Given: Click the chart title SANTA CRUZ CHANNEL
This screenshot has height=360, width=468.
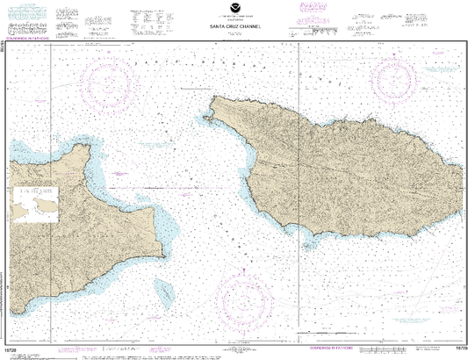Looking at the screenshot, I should pyautogui.click(x=234, y=25).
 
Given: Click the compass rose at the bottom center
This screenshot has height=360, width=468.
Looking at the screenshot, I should pyautogui.click(x=248, y=301).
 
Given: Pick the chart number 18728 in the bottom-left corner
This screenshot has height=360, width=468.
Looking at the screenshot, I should pyautogui.click(x=10, y=349).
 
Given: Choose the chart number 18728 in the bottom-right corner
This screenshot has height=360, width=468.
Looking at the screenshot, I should pyautogui.click(x=459, y=349).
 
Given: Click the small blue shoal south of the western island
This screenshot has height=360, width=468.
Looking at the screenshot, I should pyautogui.click(x=163, y=287).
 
